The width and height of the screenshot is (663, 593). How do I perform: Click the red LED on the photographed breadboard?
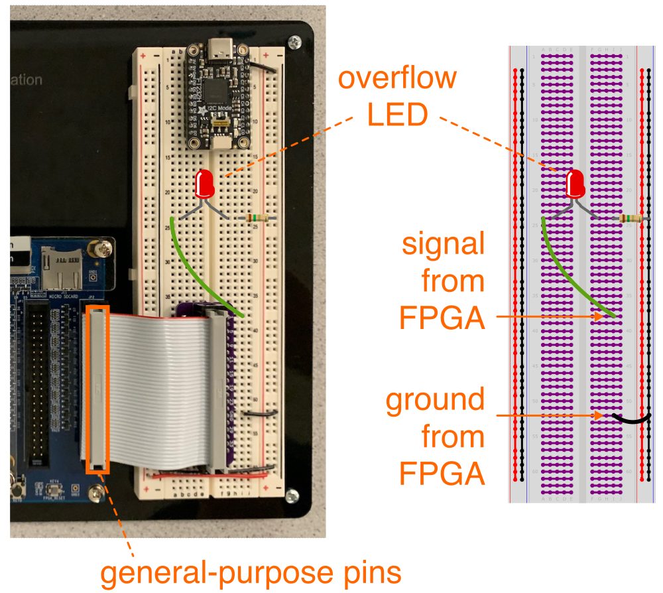pyautogui.click(x=206, y=184)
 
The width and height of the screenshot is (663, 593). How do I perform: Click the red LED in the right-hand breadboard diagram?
pyautogui.click(x=575, y=183)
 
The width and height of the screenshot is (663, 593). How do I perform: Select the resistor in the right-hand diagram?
pyautogui.click(x=630, y=219)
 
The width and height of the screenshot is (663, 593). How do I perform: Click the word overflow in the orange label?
pyautogui.click(x=397, y=79)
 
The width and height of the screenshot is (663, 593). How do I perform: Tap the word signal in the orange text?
pyautogui.click(x=444, y=245)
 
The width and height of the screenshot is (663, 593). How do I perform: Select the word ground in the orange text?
pyautogui.click(x=436, y=401)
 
